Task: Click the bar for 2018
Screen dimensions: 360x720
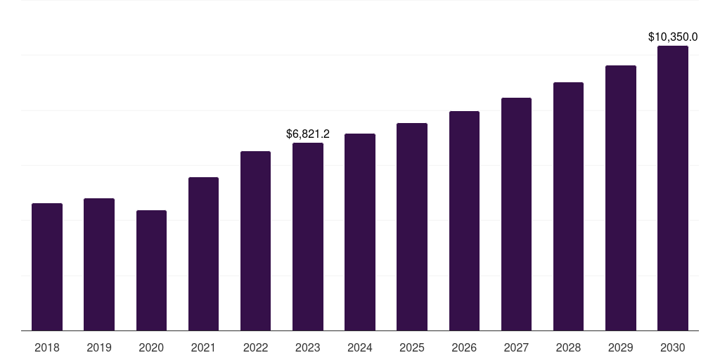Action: pyautogui.click(x=47, y=267)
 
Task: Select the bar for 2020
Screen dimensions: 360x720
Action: pyautogui.click(x=151, y=271)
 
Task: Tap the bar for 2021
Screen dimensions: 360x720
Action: pyautogui.click(x=203, y=254)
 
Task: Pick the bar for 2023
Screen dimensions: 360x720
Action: pyautogui.click(x=308, y=237)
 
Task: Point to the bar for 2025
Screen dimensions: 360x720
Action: pyautogui.click(x=412, y=227)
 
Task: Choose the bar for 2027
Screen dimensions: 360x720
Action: pyautogui.click(x=516, y=214)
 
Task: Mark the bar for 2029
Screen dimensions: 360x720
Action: pyautogui.click(x=620, y=198)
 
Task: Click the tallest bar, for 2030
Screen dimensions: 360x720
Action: pyautogui.click(x=673, y=188)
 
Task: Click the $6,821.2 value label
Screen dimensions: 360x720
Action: pyautogui.click(x=308, y=134)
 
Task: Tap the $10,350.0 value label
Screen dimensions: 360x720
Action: pyautogui.click(x=673, y=37)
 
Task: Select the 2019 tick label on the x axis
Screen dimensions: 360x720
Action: pyautogui.click(x=99, y=347)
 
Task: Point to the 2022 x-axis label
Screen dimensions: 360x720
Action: pyautogui.click(x=255, y=347)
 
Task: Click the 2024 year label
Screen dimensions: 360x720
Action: pyautogui.click(x=360, y=347)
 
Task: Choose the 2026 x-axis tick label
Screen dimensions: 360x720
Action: pyautogui.click(x=464, y=347)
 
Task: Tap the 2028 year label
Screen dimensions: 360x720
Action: pyautogui.click(x=568, y=347)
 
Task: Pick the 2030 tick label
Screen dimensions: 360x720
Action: pyautogui.click(x=673, y=347)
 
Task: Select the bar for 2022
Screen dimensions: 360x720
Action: pyautogui.click(x=255, y=241)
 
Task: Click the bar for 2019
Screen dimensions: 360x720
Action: pyautogui.click(x=99, y=264)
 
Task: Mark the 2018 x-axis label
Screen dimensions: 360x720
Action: pyautogui.click(x=47, y=347)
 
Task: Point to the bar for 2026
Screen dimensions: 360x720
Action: pyautogui.click(x=464, y=221)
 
